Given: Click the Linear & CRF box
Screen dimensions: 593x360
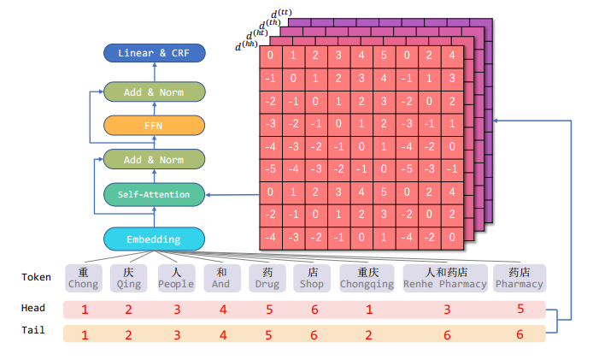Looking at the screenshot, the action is [155, 53].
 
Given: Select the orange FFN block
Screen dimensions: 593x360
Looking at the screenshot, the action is [155, 125].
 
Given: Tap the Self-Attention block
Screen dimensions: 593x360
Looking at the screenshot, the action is [155, 195].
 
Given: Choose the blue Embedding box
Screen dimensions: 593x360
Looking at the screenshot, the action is [155, 239].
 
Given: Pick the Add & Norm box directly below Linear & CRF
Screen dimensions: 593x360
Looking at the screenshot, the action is [155, 91].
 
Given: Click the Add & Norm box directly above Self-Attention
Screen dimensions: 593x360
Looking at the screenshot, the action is [155, 159].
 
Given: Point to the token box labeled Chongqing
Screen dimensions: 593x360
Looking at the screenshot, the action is [367, 277].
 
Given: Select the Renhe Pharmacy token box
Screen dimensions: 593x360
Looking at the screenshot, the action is [445, 277].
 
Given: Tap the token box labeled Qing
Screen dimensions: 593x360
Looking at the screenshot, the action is [129, 277].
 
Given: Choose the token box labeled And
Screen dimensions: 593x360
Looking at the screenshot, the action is [220, 277].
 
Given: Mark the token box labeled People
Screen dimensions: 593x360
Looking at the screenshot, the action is [176, 277].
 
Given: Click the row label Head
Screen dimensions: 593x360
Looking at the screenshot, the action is [33, 308].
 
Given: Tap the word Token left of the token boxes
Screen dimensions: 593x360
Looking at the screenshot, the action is [37, 277].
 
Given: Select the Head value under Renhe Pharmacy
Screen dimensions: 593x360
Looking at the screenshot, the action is [446, 309].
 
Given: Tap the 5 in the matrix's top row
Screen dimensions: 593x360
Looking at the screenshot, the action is [385, 56].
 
